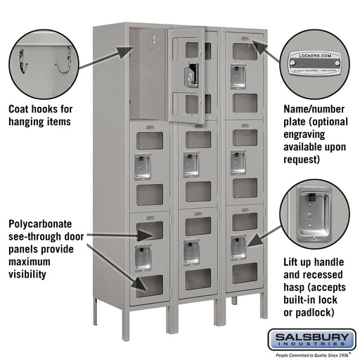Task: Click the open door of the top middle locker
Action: pos(188,74)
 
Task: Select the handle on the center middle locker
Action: pos(190,163)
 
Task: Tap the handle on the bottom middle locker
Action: pos(191,251)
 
